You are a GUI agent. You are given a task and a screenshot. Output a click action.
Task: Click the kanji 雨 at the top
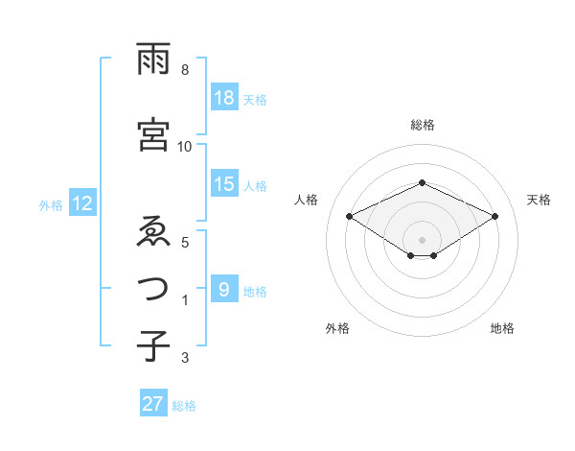154,60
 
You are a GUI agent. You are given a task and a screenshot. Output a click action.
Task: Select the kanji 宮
154,134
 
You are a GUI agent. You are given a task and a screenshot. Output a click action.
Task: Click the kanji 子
154,344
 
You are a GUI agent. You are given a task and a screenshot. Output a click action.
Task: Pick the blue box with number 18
224,98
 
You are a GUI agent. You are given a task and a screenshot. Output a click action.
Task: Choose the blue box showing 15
224,184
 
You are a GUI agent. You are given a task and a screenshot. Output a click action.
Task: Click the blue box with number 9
224,291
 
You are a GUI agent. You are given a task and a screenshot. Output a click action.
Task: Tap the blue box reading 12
82,203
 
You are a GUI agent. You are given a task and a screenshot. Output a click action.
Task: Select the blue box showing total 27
153,404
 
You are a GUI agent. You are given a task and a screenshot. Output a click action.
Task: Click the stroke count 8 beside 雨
185,71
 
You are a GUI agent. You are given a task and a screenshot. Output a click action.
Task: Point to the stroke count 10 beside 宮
185,146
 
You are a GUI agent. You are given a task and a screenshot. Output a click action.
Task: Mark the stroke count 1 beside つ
185,301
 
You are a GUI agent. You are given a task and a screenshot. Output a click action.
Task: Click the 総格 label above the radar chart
422,125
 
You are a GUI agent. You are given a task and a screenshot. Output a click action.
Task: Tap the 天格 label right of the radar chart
540,200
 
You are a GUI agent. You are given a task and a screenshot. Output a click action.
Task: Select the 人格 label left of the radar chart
307,200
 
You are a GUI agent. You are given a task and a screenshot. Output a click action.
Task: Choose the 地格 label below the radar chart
502,328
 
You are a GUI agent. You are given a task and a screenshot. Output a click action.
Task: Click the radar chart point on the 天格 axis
494,217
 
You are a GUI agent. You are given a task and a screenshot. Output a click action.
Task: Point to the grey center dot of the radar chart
422,238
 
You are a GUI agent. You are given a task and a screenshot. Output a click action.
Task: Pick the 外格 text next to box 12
50,204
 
